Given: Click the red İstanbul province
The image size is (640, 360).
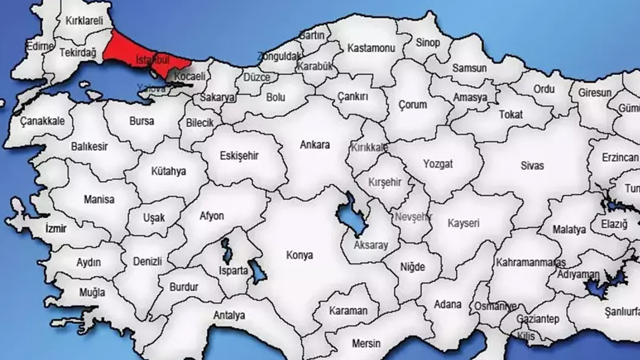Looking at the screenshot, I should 133,51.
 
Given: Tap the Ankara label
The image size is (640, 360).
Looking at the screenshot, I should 315,145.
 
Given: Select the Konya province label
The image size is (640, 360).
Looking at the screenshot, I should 299,255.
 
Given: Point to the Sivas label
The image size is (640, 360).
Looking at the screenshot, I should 532,166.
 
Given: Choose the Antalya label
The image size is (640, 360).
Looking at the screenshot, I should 229,316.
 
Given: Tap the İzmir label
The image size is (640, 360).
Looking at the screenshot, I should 56,229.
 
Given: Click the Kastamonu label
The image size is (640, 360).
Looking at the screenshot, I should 371,48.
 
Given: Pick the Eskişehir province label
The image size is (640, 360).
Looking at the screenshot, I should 239,156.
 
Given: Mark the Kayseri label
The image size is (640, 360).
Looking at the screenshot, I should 463,223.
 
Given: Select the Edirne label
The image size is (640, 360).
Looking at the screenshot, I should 40,46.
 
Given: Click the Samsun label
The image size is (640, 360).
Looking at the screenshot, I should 469,68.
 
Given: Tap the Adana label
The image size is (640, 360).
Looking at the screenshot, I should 447,305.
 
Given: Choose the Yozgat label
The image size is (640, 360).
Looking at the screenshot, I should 438,164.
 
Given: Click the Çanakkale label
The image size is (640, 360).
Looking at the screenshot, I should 43,121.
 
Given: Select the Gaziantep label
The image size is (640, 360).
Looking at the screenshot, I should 538,319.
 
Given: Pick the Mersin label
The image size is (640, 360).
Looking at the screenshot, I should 366,343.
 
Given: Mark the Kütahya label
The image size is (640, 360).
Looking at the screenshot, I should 169,172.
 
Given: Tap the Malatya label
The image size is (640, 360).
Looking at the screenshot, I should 569,230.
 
